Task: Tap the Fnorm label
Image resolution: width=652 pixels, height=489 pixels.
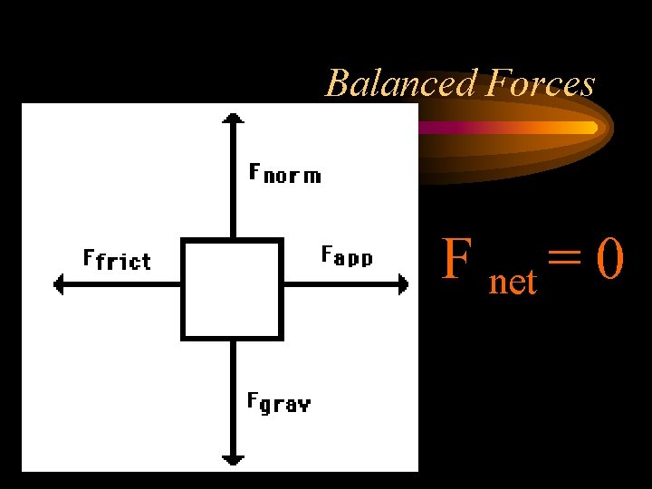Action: [x=284, y=173]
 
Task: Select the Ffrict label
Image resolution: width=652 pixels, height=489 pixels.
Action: [x=117, y=261]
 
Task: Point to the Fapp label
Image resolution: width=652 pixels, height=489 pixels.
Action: [x=348, y=256]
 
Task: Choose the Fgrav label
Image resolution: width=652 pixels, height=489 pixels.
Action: [x=279, y=402]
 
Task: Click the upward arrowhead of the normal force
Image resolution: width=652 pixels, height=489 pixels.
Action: [x=234, y=117]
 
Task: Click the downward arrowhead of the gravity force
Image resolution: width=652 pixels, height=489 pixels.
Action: [x=234, y=459]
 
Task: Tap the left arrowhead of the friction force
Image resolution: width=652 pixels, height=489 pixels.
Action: [x=60, y=285]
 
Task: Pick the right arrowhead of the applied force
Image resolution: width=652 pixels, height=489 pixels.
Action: [x=403, y=285]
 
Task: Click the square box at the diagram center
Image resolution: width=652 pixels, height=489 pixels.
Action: [x=233, y=289]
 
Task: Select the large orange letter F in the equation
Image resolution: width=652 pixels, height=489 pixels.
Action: [x=456, y=261]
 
